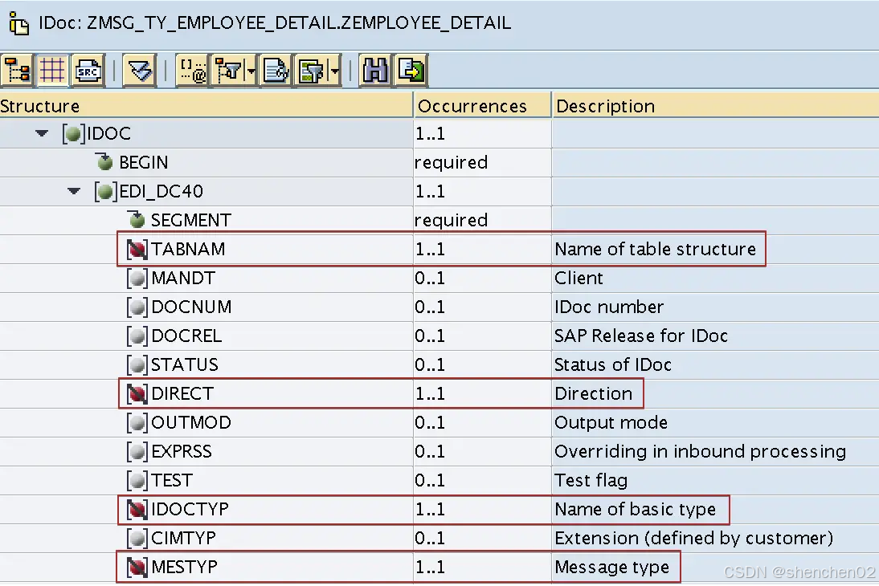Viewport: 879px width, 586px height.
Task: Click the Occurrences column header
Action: (472, 106)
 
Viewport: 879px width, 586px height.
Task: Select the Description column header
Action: (605, 106)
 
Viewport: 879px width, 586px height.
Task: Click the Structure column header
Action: (40, 106)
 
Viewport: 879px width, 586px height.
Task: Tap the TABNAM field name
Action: (188, 249)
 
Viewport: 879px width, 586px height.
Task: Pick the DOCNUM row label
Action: (191, 307)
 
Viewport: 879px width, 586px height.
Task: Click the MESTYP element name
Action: (184, 567)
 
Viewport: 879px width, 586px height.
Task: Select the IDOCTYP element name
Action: (190, 509)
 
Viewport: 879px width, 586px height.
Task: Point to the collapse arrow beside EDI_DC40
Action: (75, 192)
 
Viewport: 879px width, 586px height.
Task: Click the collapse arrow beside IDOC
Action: (43, 134)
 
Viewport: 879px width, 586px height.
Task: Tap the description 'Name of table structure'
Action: (655, 249)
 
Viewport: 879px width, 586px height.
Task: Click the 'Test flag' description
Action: (591, 480)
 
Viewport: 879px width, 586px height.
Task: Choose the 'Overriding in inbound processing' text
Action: (700, 451)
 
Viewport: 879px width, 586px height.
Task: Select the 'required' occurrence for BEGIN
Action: (451, 162)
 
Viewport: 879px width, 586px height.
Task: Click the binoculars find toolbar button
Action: (374, 71)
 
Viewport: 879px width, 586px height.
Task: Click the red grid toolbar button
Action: (52, 71)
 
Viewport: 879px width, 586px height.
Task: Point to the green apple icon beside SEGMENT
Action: (137, 220)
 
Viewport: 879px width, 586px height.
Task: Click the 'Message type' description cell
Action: (611, 567)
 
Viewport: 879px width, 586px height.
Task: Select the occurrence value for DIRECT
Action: (430, 393)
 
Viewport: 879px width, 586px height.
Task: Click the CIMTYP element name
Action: (183, 538)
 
